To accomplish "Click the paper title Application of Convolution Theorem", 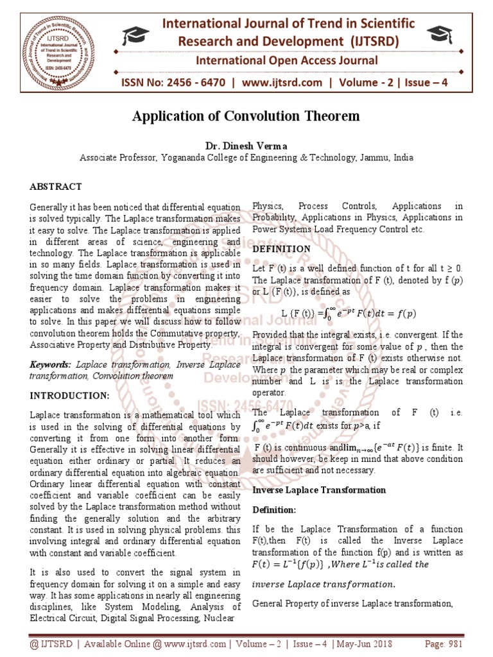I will click(246, 116).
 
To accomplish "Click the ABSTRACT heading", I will click(56, 187).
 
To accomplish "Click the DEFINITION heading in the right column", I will click(281, 249).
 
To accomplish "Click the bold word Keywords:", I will click(51, 364).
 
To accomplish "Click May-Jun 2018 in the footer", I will click(359, 644).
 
